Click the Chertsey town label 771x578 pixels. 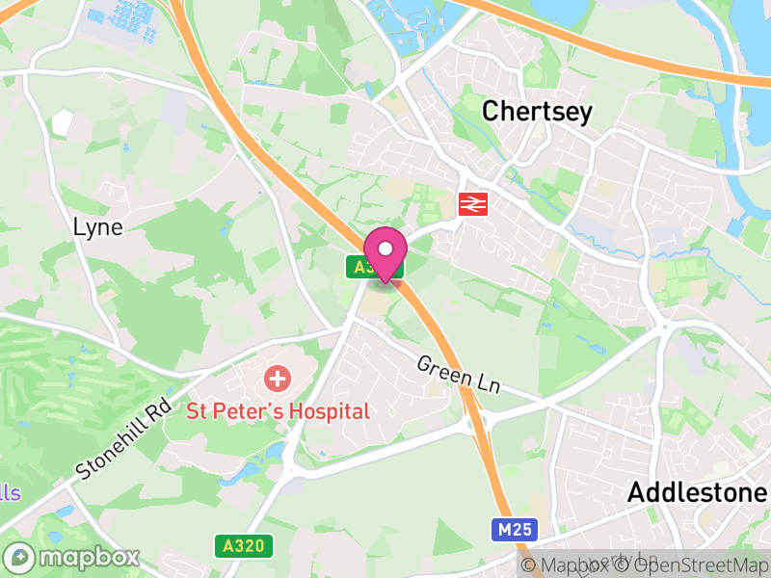coord(537,111)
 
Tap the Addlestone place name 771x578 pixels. coord(697,492)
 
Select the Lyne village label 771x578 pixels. coord(98,227)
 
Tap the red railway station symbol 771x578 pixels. coord(470,203)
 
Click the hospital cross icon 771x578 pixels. coord(278,378)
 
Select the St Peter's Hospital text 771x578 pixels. coord(278,411)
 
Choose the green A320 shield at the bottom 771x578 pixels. coord(243,546)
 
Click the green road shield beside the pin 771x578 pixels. coord(361,268)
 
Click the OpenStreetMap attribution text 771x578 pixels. coord(691,565)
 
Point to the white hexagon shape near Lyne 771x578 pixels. coord(63,122)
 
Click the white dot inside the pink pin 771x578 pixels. coord(385,249)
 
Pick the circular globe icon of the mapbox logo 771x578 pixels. coord(20,558)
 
